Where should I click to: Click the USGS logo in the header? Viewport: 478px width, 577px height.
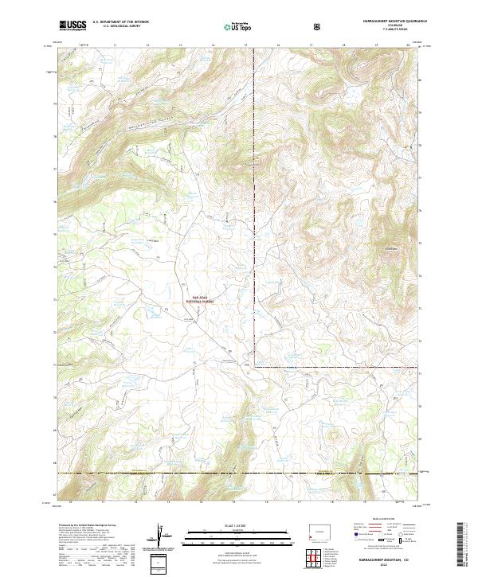click(72, 25)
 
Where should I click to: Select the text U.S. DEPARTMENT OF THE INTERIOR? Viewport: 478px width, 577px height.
click(121, 23)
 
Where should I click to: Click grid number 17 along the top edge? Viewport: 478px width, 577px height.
click(309, 46)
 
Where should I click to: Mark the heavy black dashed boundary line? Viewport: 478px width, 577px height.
click(239, 474)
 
